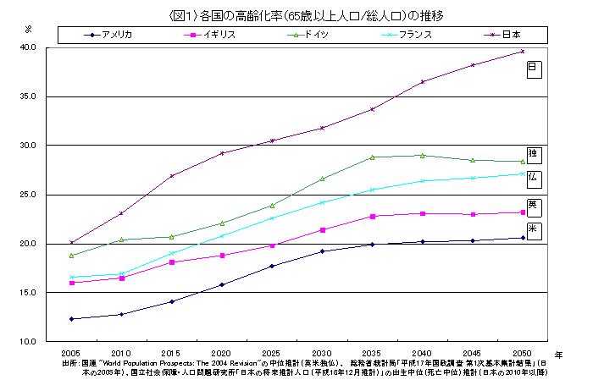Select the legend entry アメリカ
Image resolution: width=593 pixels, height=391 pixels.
pos(115,35)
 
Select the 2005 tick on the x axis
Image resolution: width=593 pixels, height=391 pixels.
pos(71,352)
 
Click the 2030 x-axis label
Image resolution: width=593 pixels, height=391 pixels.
pos(322,352)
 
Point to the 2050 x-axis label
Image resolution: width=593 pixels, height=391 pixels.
pos(523,352)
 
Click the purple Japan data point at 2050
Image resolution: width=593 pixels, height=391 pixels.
pos(523,52)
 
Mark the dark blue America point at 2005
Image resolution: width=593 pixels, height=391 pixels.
pos(71,319)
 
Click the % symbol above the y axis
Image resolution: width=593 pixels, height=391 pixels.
pos(28,29)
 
